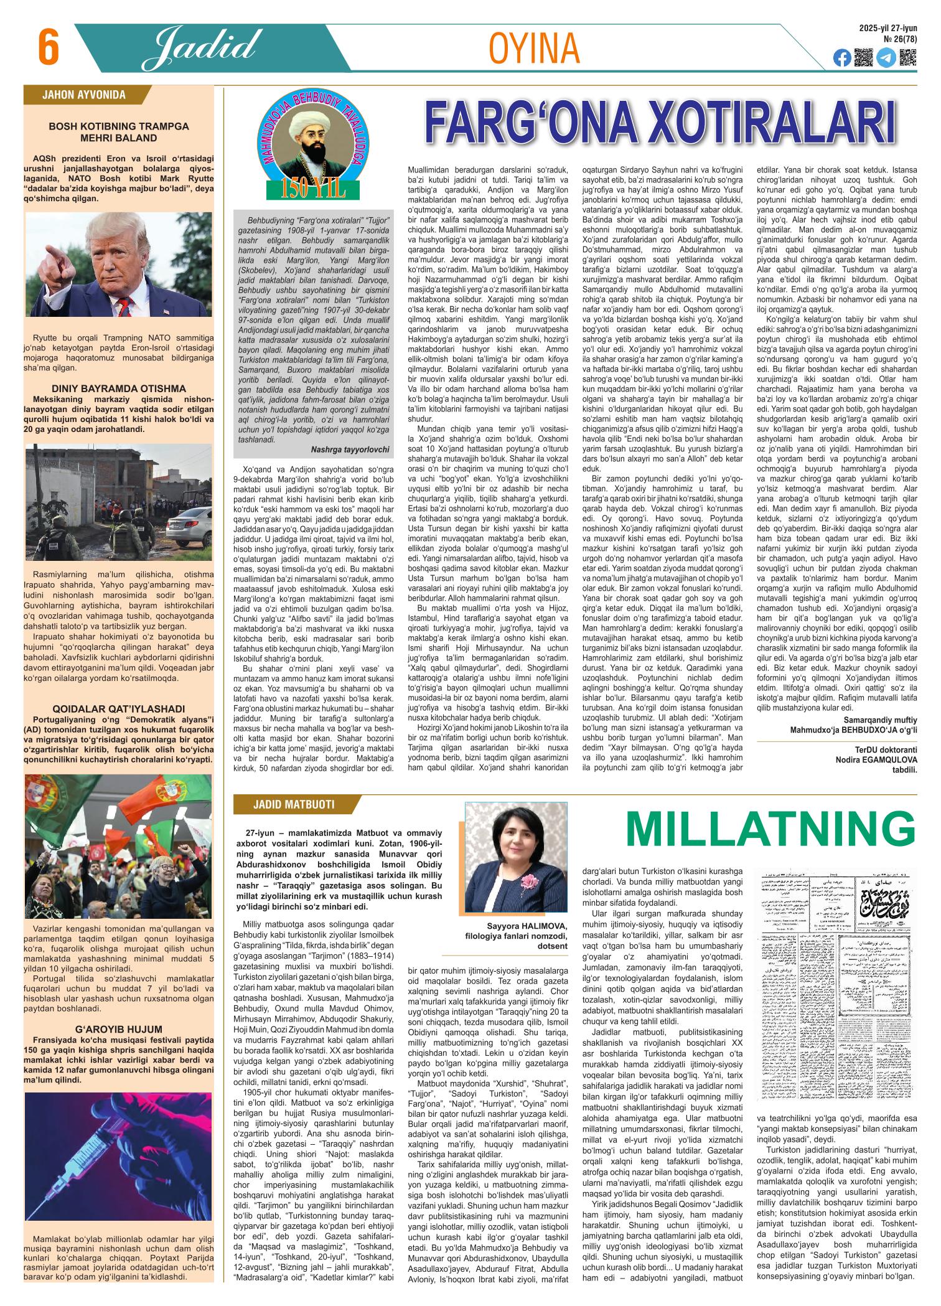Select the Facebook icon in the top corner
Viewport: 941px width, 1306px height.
[842, 58]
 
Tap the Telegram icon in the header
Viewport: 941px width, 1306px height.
[886, 58]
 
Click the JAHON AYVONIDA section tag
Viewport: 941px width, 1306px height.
[83, 95]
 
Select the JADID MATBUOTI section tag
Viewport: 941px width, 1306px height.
[293, 804]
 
